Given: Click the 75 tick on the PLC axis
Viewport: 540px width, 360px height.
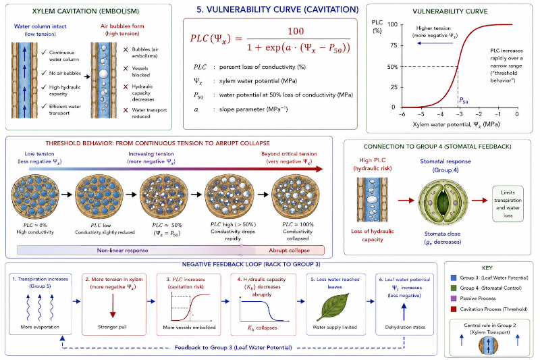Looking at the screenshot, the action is coord(394,45).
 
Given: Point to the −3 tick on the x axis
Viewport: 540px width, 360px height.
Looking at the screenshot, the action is coord(460,114).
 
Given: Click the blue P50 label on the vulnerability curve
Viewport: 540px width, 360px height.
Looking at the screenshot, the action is coord(464,101).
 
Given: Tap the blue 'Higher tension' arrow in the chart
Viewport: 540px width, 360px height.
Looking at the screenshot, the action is coord(435,43).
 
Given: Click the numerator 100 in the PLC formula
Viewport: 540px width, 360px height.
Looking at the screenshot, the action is coord(296,31).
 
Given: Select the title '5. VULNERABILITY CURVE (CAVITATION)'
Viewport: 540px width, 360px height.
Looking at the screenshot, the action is coord(277,9).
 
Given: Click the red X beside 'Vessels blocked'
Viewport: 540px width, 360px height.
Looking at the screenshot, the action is coord(126,68).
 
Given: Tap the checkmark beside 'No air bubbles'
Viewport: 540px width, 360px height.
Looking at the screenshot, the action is coord(44,73).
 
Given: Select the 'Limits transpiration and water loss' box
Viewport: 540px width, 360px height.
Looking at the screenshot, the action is coord(508,204).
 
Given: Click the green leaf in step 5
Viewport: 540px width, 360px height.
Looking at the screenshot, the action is coord(333,307).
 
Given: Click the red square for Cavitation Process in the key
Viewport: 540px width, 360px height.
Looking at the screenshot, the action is coord(453,309).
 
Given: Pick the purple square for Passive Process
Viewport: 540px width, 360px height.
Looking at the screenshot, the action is coord(453,299).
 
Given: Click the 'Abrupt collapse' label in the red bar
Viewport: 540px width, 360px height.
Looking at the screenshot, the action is coord(290,251).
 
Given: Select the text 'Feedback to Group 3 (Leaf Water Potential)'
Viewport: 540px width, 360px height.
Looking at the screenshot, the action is coord(233,348).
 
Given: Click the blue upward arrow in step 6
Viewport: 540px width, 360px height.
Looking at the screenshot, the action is coord(404,311).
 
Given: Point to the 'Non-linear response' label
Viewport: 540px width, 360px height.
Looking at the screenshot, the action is coord(123,251).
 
